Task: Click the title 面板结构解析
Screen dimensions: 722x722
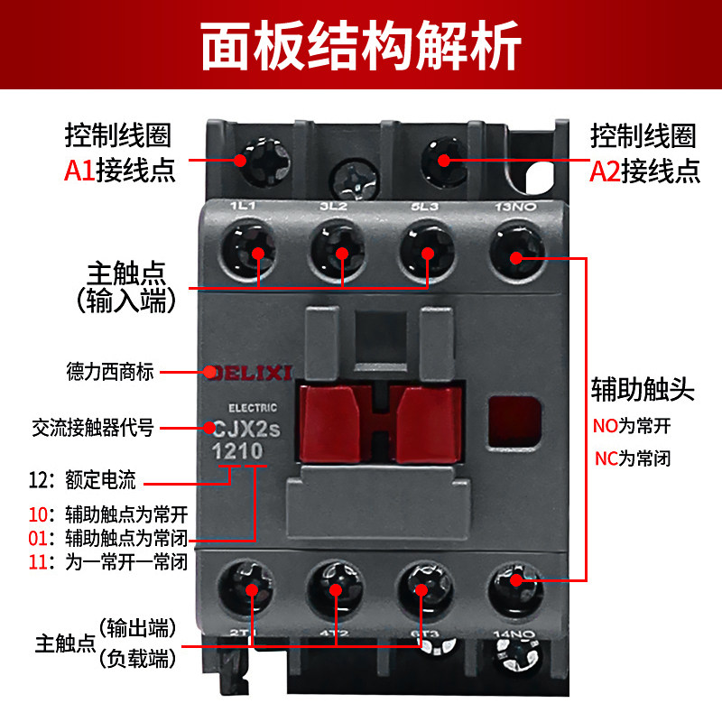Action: [361, 44]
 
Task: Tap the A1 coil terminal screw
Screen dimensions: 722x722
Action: [241, 160]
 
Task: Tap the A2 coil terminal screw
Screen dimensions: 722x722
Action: [444, 160]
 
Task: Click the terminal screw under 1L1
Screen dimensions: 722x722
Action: [258, 252]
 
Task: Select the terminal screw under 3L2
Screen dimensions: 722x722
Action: [342, 252]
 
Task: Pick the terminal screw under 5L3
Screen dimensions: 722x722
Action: [427, 252]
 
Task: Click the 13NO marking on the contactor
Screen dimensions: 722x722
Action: [517, 207]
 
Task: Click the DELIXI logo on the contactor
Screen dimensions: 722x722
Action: [250, 371]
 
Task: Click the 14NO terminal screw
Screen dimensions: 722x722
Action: [515, 580]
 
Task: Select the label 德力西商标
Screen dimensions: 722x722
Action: [109, 371]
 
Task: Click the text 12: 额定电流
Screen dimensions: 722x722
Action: [87, 482]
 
